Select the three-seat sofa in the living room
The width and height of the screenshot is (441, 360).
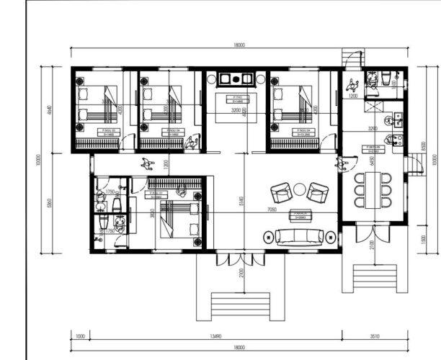point(300,235)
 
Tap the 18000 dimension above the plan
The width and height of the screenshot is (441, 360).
point(239,45)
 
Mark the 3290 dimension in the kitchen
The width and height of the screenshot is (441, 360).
point(373,127)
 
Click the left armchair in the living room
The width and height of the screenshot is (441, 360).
point(280,192)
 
